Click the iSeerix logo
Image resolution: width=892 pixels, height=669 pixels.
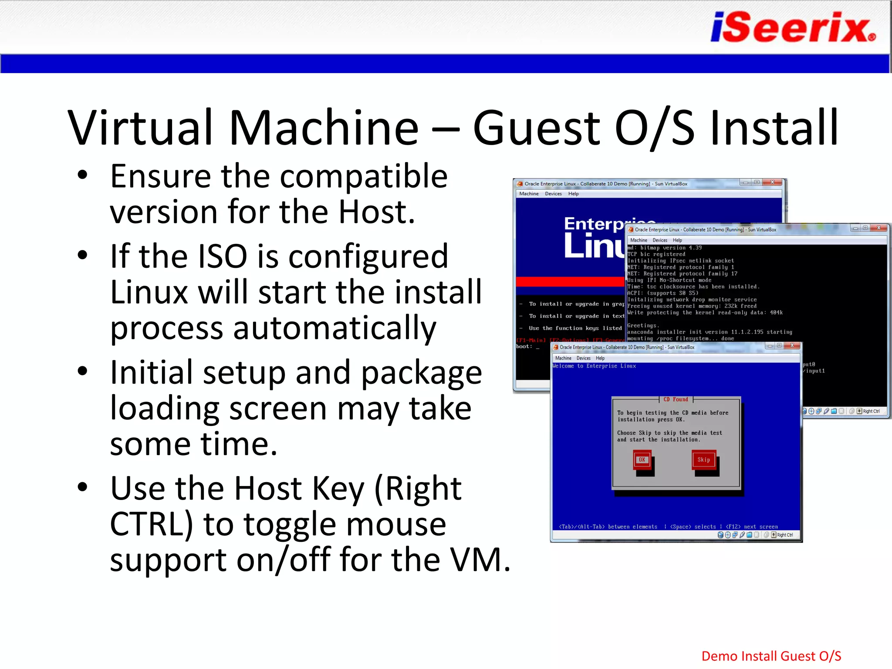tap(793, 27)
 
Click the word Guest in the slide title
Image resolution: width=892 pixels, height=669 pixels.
tap(537, 128)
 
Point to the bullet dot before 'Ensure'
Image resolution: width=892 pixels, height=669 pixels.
tap(82, 176)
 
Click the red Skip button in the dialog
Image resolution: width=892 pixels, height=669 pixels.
tap(703, 460)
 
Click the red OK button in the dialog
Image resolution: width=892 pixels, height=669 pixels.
tap(642, 460)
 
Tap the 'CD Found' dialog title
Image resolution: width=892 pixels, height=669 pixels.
tap(676, 399)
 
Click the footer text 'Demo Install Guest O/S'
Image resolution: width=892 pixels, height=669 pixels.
tap(771, 656)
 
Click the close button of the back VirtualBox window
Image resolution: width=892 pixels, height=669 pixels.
tap(772, 182)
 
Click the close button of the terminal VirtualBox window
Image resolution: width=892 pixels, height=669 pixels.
tap(878, 228)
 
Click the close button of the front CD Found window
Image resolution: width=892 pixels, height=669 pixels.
tap(792, 345)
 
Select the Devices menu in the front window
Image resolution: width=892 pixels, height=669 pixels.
tap(583, 358)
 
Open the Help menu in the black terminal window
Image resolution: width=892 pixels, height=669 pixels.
tap(677, 240)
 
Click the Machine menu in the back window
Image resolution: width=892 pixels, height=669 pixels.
tap(529, 194)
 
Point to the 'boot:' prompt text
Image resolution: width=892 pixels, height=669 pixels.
tap(524, 347)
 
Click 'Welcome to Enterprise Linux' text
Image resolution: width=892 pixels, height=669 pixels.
tap(594, 366)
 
